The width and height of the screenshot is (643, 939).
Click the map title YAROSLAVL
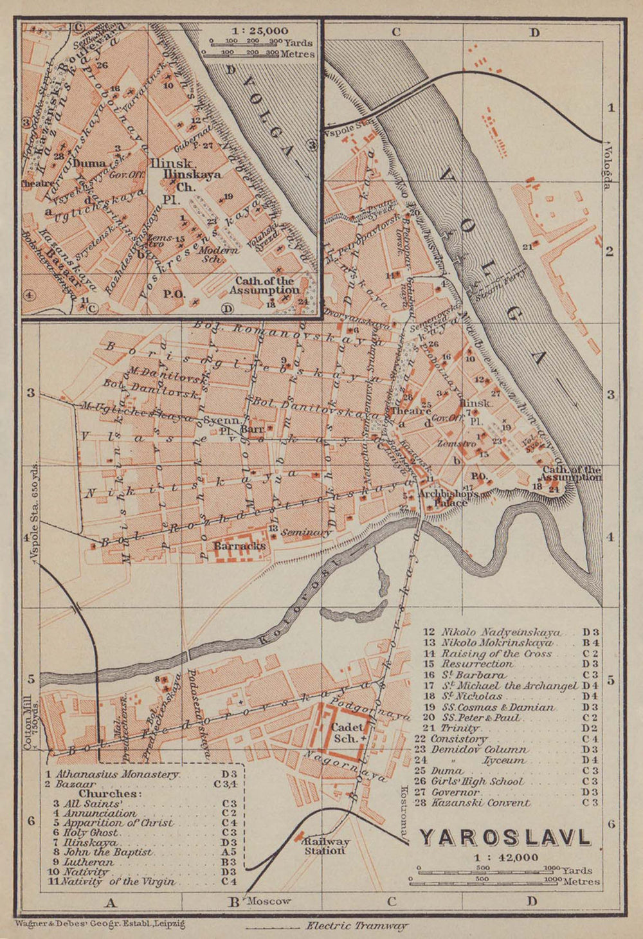[505, 838]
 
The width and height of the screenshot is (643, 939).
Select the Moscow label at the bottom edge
[269, 901]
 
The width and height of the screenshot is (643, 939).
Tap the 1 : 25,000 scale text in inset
[260, 30]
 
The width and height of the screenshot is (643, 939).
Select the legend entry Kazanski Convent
[485, 803]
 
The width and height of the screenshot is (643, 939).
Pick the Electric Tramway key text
[357, 926]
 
